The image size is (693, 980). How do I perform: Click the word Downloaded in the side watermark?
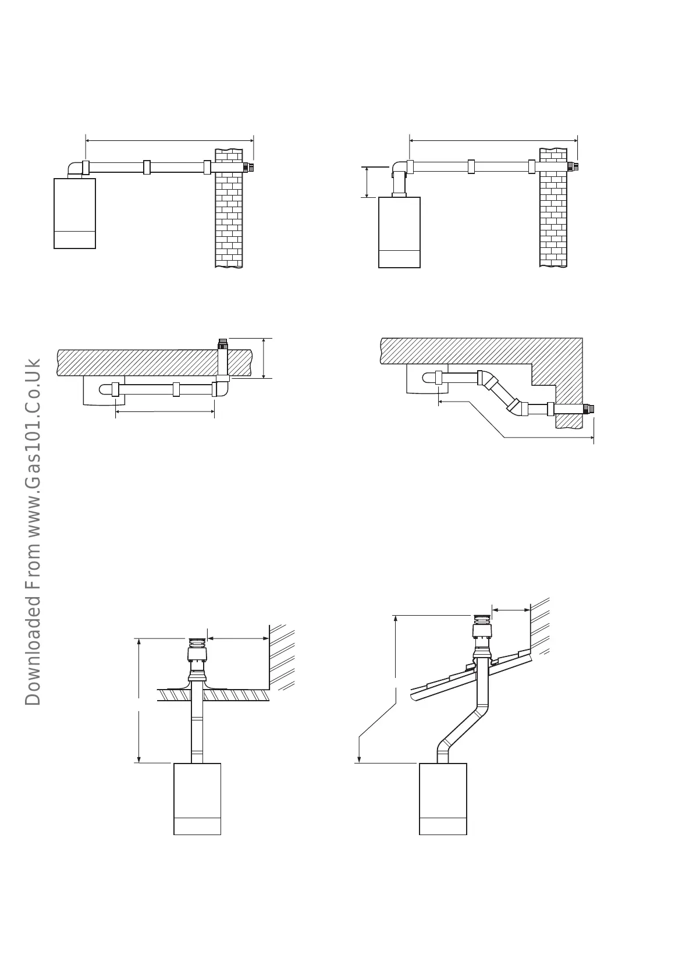point(33,658)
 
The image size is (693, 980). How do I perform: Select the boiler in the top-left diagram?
point(74,213)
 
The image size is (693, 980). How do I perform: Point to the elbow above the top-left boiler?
point(75,169)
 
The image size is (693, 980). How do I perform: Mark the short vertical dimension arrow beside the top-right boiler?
point(367,182)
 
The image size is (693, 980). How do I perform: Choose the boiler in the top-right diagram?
point(399,232)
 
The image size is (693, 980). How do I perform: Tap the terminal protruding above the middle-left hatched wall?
point(222,343)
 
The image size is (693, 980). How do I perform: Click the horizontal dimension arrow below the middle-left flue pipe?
point(165,412)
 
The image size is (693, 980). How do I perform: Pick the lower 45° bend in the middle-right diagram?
point(514,407)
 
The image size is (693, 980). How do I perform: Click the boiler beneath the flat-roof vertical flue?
point(197,798)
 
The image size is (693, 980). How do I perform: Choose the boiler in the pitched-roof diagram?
point(443,798)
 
